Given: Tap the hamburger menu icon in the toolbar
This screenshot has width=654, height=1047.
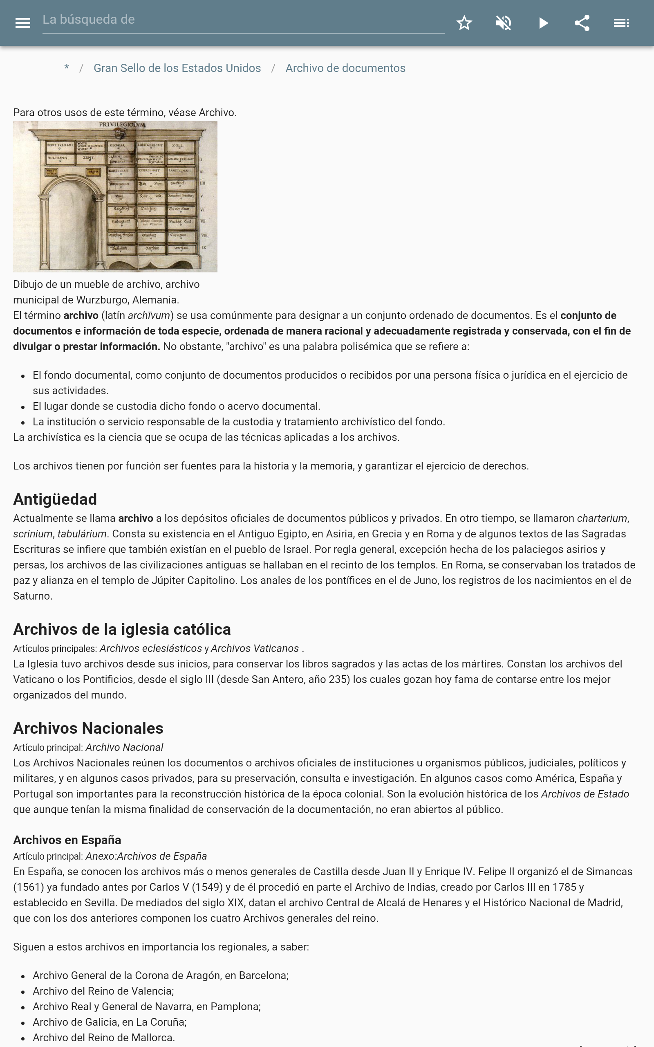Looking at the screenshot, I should pos(22,23).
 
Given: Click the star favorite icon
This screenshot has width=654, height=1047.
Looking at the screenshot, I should pos(464,23).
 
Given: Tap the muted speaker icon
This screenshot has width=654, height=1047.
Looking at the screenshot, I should pos(504,23).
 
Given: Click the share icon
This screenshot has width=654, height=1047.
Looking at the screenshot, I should pos(582,23).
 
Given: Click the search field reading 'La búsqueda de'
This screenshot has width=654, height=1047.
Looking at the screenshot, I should pos(242,20).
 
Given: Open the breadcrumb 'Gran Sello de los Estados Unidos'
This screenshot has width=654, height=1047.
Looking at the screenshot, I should pos(177,68).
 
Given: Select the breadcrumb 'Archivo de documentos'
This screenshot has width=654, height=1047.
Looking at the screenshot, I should pos(345,68).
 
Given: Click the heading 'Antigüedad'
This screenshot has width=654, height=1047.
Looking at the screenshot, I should pos(55,499).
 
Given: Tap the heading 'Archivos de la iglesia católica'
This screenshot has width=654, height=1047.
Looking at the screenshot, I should pos(122,629).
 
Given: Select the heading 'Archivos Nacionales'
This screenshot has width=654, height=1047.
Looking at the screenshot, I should pos(88,728).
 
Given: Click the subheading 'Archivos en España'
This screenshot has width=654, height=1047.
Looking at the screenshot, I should pos(67,840).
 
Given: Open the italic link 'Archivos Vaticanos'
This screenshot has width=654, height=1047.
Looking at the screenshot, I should pos(255,649).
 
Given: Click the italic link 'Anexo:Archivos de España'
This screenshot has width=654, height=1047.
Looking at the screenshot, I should pos(146,856).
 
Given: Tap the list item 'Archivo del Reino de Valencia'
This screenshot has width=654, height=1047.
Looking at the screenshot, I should pos(103,991).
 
